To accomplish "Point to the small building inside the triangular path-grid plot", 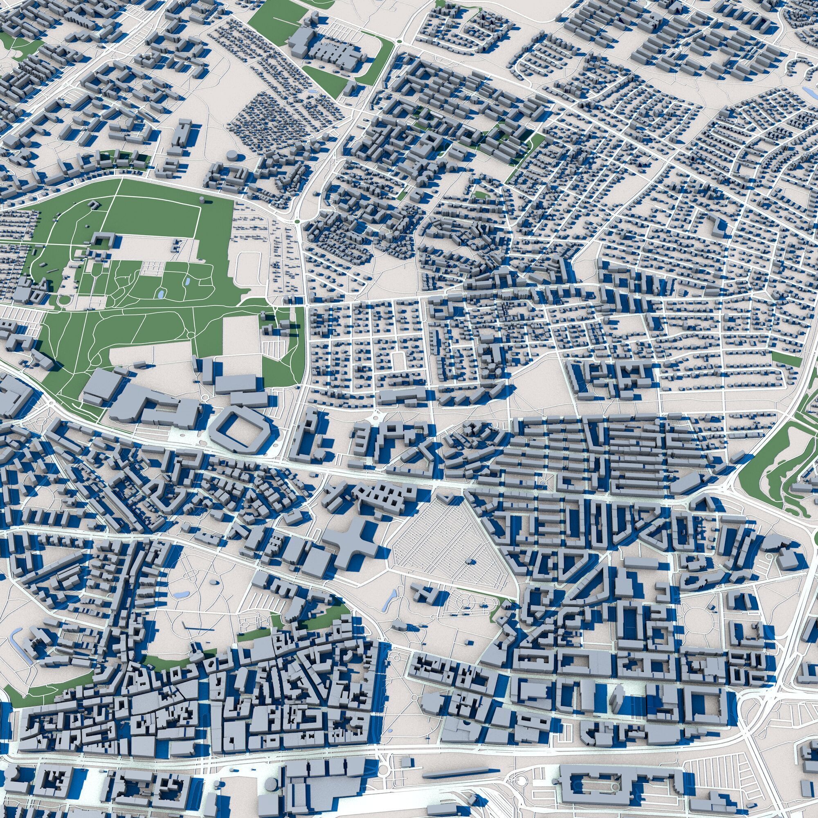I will pyautogui.click(x=469, y=562).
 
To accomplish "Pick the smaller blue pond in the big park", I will pyautogui.click(x=188, y=281).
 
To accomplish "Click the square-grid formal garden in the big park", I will pyautogui.click(x=153, y=266).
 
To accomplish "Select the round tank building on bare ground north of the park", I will pyautogui.click(x=232, y=155).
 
